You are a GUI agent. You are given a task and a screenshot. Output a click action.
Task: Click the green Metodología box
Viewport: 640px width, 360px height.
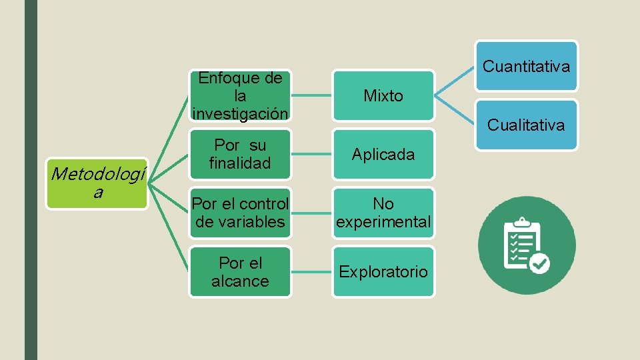point(97,184)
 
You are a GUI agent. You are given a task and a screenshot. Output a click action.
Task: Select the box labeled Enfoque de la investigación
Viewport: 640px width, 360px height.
point(240,96)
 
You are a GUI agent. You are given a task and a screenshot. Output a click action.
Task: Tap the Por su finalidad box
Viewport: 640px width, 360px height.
point(240,154)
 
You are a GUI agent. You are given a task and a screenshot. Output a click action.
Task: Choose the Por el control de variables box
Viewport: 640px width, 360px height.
point(240,213)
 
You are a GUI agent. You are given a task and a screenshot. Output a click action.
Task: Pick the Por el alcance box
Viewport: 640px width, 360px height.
point(240,272)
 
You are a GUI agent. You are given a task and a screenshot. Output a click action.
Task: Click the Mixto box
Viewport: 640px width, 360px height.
point(383,96)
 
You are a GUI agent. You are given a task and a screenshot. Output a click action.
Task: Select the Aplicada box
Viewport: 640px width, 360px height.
point(383,154)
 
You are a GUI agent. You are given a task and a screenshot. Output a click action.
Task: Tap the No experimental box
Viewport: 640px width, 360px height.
point(383,213)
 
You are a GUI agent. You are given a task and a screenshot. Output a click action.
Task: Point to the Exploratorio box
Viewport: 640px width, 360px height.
point(383,272)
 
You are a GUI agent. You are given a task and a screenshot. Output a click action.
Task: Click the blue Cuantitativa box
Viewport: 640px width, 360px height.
point(526,66)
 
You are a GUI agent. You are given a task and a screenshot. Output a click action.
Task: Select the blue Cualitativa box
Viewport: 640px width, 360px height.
point(526,125)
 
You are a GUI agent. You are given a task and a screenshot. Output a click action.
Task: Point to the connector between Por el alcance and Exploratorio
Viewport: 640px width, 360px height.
point(312,272)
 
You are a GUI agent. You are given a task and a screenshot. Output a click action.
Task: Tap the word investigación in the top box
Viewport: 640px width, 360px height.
point(240,113)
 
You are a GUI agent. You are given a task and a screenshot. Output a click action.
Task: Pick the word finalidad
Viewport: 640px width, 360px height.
point(240,163)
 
